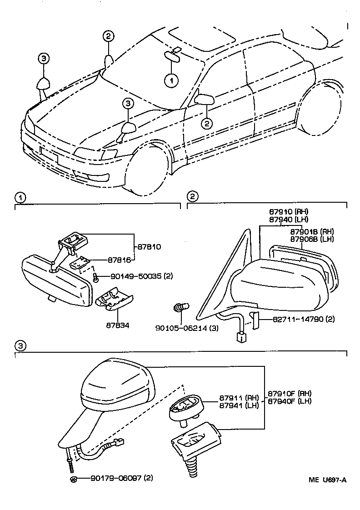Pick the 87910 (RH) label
point(288,212)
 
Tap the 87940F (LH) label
point(289,401)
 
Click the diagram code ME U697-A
point(327,480)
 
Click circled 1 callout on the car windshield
point(171,81)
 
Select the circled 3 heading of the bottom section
point(20,346)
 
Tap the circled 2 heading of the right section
point(193,197)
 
